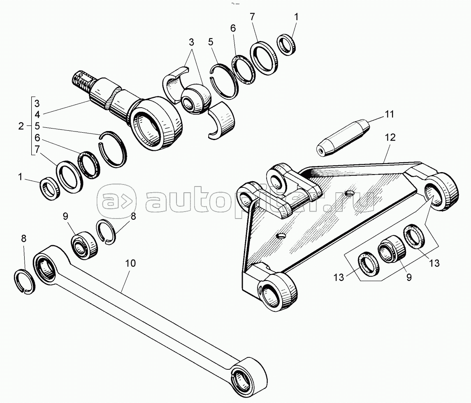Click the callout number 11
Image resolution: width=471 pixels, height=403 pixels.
pyautogui.click(x=389, y=114)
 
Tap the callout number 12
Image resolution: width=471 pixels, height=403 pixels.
pyautogui.click(x=390, y=138)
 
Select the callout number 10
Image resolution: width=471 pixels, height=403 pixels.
pyautogui.click(x=130, y=263)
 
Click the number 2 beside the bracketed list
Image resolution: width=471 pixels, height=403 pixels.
pyautogui.click(x=21, y=126)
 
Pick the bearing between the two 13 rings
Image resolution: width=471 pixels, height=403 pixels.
pyautogui.click(x=390, y=249)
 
